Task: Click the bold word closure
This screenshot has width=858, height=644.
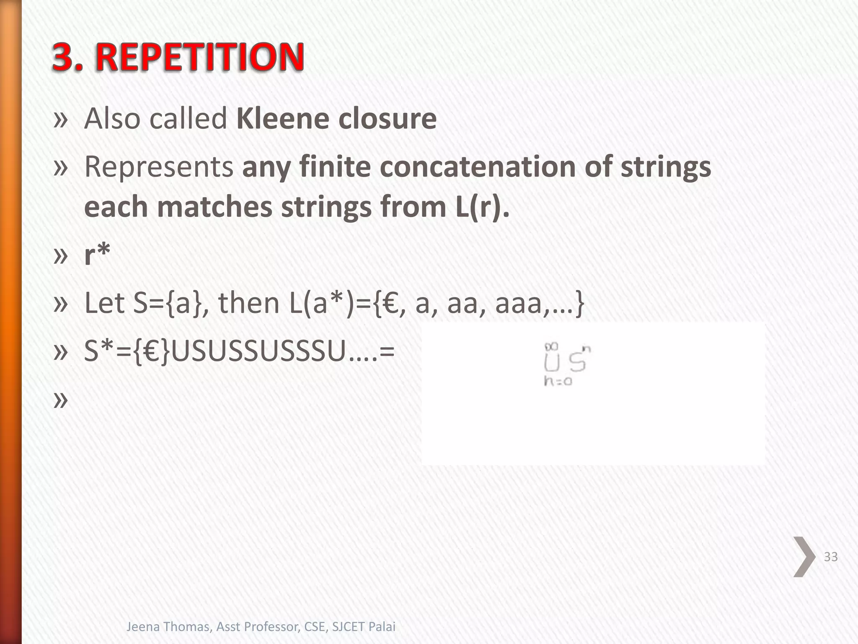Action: [x=387, y=119]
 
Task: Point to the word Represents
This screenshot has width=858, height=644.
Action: [x=159, y=167]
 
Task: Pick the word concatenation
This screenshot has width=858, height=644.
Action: [x=478, y=167]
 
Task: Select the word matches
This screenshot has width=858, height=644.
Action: [x=215, y=207]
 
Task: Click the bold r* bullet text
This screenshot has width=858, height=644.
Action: [x=97, y=254]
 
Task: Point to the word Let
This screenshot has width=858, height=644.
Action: [x=104, y=303]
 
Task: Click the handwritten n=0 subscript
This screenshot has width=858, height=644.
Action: [x=558, y=381]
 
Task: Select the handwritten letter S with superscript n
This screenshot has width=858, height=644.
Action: [x=578, y=361]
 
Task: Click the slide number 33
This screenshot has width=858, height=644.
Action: [x=831, y=557]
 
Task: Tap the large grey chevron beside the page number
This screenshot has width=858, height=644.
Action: [x=804, y=557]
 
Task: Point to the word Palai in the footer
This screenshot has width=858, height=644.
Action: [x=382, y=627]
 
